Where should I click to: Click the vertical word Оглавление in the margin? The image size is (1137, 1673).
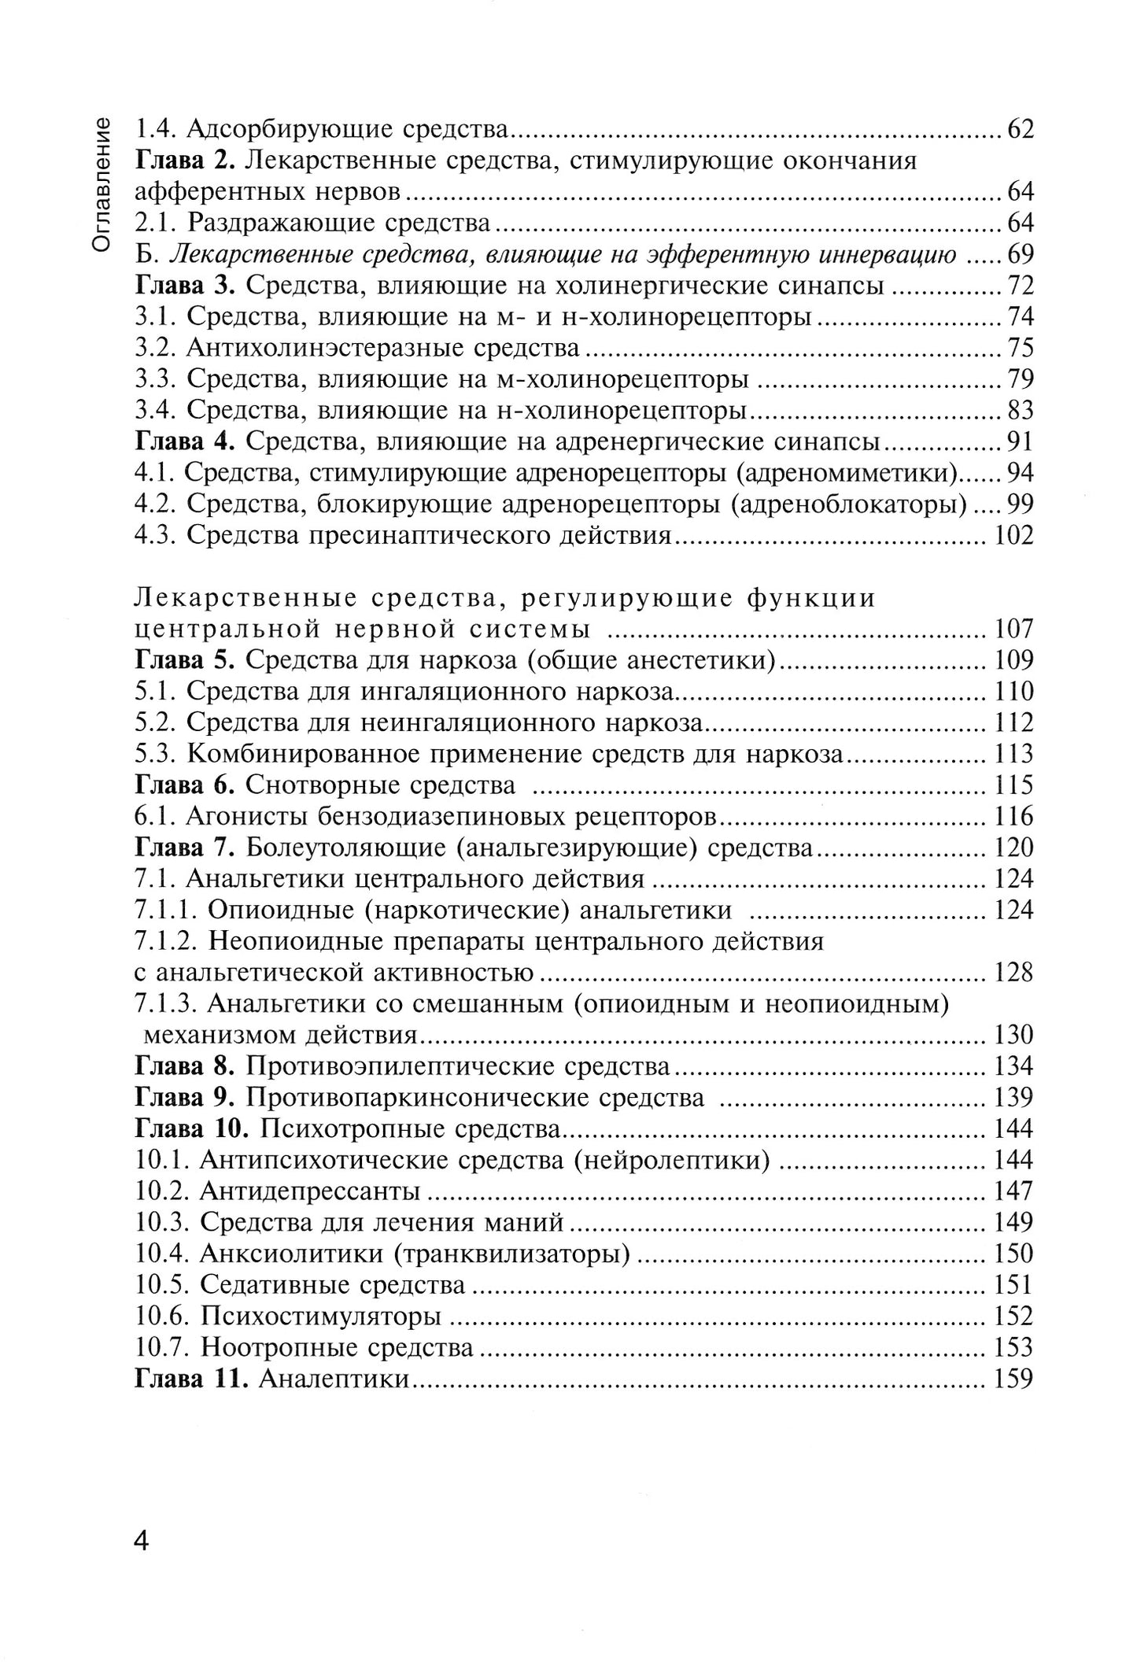102,184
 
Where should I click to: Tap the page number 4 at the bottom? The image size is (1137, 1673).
141,1540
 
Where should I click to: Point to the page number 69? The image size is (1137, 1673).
1019,255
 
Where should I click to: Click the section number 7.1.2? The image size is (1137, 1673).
167,942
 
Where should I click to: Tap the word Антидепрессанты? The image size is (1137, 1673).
309,1191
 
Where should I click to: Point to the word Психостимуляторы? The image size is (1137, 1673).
320,1317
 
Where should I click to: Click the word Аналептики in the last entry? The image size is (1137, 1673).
334,1379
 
